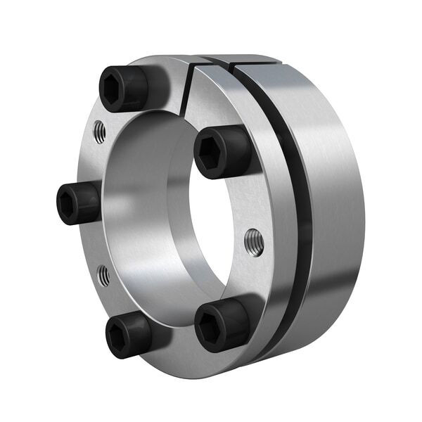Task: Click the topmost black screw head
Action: point(124,88)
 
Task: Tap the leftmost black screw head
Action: point(77,204)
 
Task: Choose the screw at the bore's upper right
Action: point(222,152)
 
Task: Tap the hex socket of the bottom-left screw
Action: point(119,337)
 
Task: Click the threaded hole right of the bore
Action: point(253,241)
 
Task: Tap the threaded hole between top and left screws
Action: point(100,131)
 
